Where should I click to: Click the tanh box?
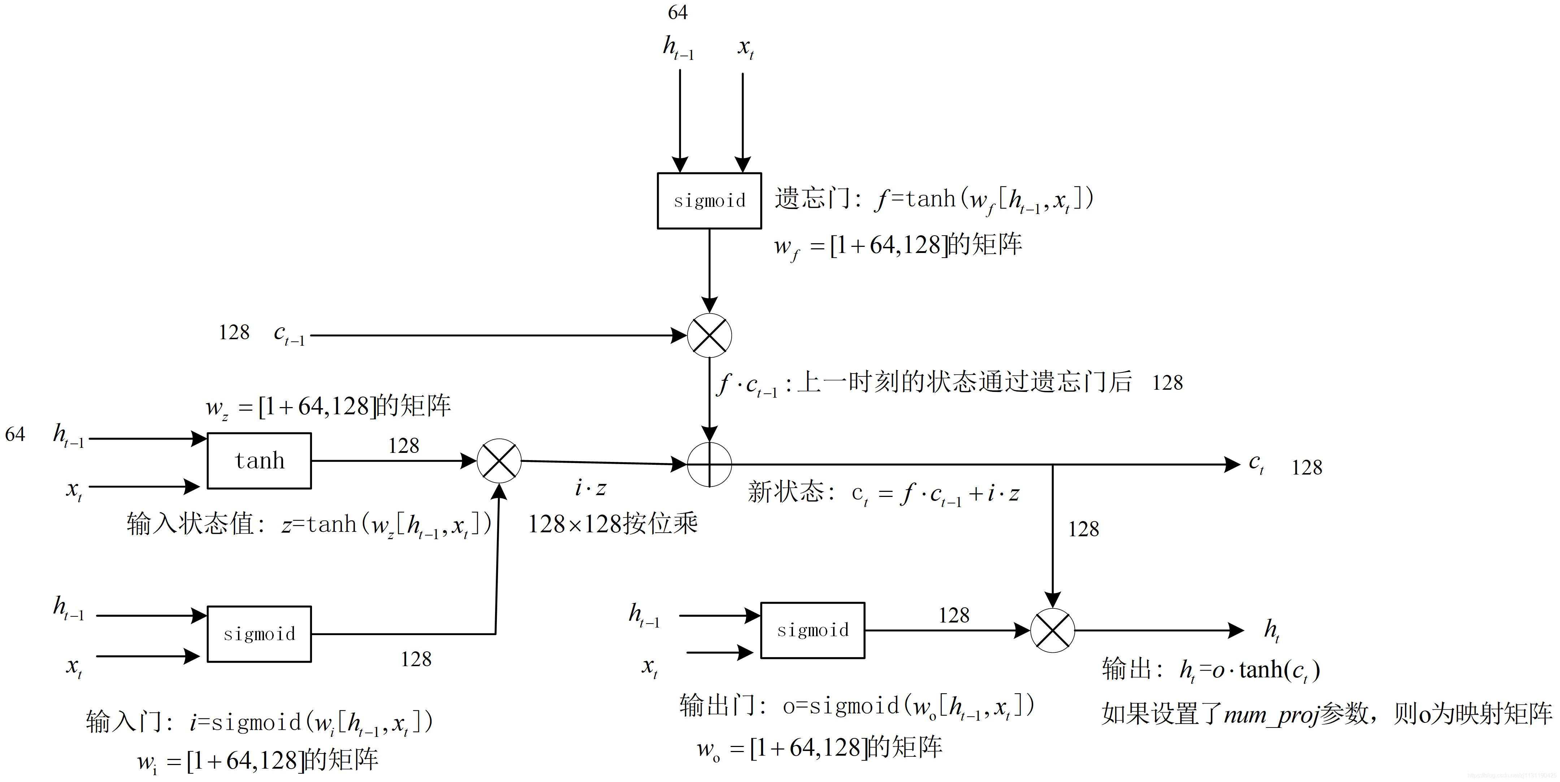(x=259, y=460)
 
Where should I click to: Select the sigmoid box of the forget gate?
(x=709, y=200)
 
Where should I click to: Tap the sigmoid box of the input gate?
(x=259, y=634)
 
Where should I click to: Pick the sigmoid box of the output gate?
(x=812, y=630)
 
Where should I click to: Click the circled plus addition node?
(x=709, y=464)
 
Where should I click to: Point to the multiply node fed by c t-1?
(x=709, y=335)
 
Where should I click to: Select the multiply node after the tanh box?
(x=499, y=460)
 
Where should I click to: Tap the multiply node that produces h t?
(x=1053, y=630)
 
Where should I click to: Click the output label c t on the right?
(x=1257, y=464)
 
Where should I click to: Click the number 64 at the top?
(x=678, y=12)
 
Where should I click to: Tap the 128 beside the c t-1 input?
(x=234, y=332)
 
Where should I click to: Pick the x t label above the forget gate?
(x=745, y=47)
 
